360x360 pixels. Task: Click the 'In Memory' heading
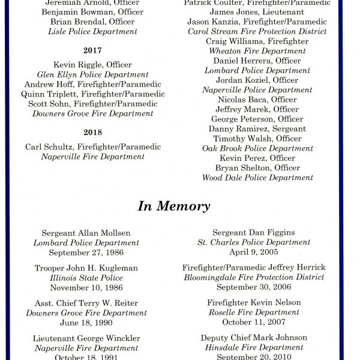[x=174, y=206]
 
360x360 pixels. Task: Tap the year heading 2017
[x=93, y=51]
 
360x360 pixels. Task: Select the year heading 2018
[x=93, y=133]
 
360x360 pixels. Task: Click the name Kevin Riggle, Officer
[x=93, y=65]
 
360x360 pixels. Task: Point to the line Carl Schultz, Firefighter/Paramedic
[x=93, y=147]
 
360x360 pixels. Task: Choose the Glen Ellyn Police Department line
[x=93, y=74]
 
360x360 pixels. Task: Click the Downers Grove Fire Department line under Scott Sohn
[x=93, y=113]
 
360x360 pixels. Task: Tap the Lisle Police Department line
[x=93, y=31]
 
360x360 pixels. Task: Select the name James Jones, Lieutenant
[x=257, y=12]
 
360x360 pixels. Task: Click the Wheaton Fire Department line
[x=257, y=51]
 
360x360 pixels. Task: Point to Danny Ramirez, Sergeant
[x=257, y=129]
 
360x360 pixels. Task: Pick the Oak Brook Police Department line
[x=257, y=148]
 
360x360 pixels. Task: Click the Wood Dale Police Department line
[x=257, y=178]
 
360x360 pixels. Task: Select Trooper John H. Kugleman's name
[x=86, y=268]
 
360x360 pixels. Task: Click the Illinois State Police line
[x=86, y=278]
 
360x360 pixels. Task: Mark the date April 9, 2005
[x=254, y=252]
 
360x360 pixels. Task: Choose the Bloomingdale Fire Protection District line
[x=254, y=277]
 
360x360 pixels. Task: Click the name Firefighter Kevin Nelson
[x=254, y=303]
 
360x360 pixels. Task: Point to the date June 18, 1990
[x=86, y=322]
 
